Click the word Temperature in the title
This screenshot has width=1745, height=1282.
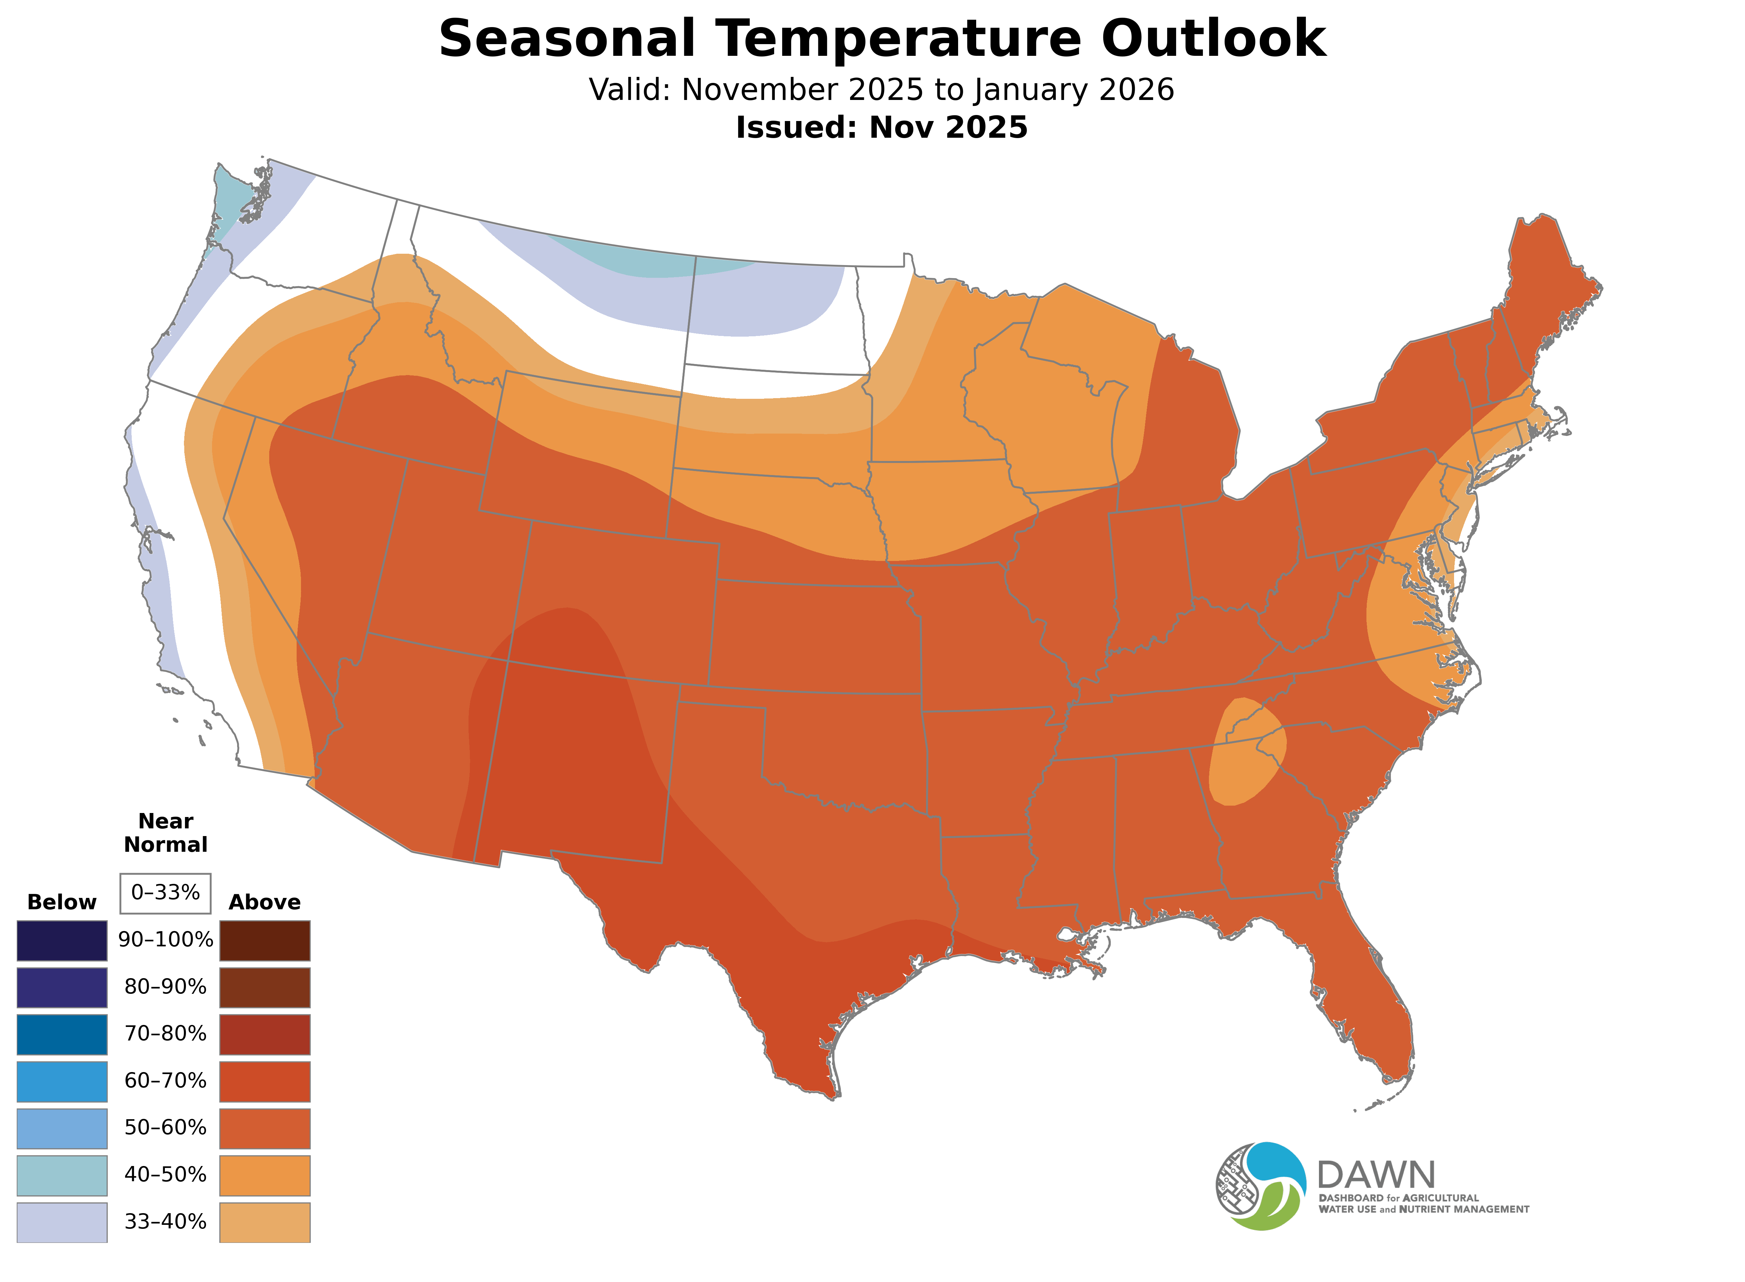(897, 39)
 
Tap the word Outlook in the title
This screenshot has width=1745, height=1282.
(1213, 39)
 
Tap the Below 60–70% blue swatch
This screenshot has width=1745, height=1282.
(62, 1081)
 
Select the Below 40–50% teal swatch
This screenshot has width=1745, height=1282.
(62, 1175)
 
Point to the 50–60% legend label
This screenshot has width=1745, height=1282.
(165, 1128)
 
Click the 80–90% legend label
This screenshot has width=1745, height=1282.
(165, 987)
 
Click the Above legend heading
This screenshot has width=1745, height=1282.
(265, 903)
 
